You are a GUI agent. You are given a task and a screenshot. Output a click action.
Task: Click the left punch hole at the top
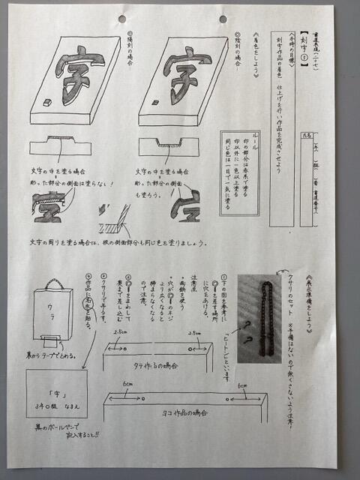(122, 18)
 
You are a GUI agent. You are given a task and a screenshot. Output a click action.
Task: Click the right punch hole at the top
(223, 19)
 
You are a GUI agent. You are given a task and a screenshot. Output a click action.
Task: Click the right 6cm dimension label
(242, 387)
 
